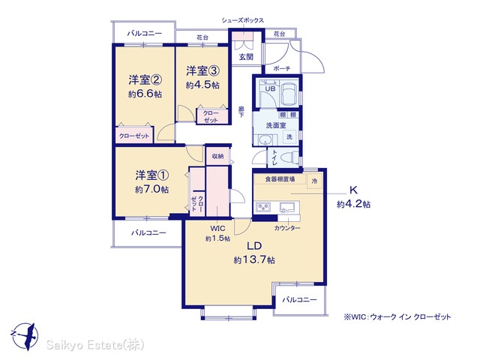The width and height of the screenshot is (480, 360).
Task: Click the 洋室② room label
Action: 145,80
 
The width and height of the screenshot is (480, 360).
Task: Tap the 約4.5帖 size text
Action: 202,85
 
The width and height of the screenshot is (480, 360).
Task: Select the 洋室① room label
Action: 152,175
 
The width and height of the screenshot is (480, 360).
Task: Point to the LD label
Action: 254,246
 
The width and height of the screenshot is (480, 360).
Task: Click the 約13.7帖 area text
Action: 254,260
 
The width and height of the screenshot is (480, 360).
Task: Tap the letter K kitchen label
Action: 353,190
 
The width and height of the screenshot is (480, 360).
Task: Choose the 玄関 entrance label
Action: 246,57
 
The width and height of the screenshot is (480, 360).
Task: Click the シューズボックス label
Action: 243,20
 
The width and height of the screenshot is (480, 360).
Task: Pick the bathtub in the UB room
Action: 288,91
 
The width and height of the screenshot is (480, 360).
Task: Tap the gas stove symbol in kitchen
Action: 263,207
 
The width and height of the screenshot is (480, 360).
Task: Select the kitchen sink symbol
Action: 286,207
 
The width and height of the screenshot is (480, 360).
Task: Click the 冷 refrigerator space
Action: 314,181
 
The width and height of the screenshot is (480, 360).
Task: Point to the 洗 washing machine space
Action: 289,136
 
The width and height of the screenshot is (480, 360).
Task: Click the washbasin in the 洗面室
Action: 264,140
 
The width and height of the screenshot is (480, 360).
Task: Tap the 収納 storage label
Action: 217,156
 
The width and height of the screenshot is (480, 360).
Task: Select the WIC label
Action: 217,228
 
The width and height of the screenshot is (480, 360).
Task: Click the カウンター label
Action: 286,228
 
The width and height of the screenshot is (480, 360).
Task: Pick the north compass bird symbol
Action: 25,336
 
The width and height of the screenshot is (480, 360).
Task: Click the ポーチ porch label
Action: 282,68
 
